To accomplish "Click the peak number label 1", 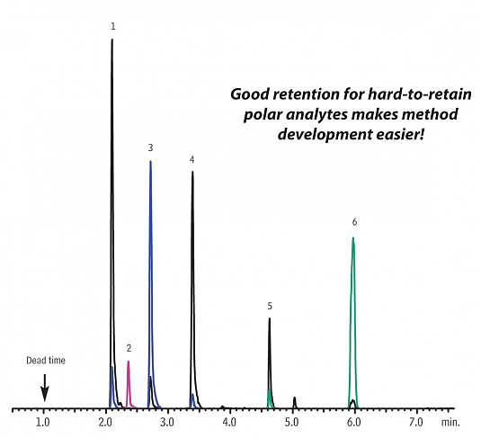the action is [x=113, y=27].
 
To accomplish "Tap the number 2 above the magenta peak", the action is [x=129, y=348].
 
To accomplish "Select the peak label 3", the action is [x=150, y=147].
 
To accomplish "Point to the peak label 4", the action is [x=192, y=159].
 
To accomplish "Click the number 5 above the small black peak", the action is [x=270, y=306].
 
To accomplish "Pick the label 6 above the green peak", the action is [x=354, y=222].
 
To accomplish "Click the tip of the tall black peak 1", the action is [x=112, y=40].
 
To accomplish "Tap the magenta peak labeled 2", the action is [x=129, y=385].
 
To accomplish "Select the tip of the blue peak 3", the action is [x=150, y=161].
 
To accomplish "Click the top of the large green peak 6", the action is [x=353, y=237].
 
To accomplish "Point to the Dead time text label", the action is [x=46, y=361].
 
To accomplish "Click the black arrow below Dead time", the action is [x=45, y=388].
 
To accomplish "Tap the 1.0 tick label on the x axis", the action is [x=42, y=423].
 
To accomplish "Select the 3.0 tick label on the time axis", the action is [x=167, y=423].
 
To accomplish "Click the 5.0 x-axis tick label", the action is [x=291, y=423].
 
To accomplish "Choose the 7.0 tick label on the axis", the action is [x=416, y=423].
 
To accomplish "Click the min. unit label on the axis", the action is [x=450, y=423].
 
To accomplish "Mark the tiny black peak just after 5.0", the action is [x=295, y=402].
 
